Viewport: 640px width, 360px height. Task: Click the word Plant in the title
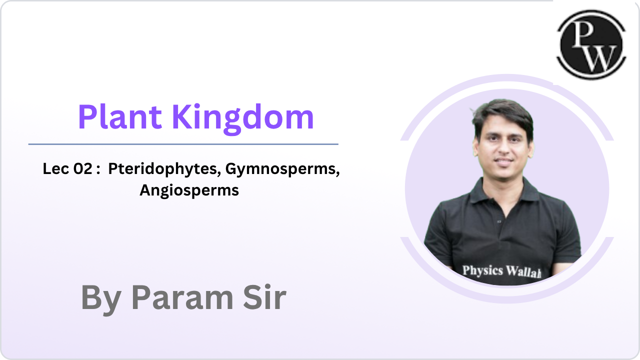(119, 117)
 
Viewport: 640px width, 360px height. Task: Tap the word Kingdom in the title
(243, 117)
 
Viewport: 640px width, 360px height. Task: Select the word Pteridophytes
(164, 169)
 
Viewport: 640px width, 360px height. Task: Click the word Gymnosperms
(282, 169)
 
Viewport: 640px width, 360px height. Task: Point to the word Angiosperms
(189, 190)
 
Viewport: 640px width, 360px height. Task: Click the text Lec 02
(67, 169)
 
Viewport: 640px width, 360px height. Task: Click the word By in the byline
(100, 298)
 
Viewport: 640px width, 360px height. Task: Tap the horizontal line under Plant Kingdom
(183, 144)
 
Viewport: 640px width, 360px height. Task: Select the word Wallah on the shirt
(523, 272)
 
